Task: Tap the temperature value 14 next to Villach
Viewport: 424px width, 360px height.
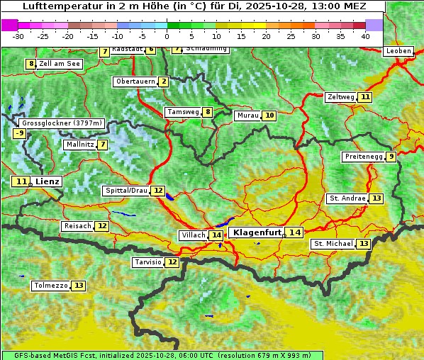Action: pos(216,235)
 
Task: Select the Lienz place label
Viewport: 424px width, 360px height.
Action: pos(48,181)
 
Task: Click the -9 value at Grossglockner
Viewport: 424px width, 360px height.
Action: pos(20,133)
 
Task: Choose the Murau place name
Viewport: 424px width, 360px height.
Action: pos(247,116)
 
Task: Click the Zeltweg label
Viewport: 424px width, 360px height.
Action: pos(340,97)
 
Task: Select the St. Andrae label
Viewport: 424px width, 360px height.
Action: pos(347,198)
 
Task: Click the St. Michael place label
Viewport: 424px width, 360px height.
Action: pos(333,244)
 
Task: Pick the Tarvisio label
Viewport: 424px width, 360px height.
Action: pos(147,262)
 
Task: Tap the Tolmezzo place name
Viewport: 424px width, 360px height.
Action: pos(50,286)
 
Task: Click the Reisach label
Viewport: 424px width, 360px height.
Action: pos(77,226)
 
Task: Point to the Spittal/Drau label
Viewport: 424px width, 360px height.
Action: pos(125,191)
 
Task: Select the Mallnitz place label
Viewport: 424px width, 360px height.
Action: pos(79,145)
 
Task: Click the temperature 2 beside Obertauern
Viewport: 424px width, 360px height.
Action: pos(164,81)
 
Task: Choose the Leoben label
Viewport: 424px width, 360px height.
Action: pos(398,51)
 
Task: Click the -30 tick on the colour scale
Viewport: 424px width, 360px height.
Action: pos(18,36)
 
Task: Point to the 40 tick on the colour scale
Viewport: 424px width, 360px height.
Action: pos(365,36)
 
